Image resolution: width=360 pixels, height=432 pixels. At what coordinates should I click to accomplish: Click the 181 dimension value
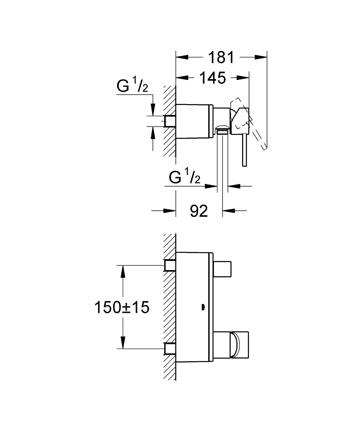tap(221, 57)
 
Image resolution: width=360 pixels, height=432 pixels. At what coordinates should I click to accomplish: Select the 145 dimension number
tap(212, 78)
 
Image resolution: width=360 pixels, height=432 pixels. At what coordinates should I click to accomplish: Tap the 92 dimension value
tap(199, 211)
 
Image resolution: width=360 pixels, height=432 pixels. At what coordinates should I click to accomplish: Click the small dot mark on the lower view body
tap(202, 308)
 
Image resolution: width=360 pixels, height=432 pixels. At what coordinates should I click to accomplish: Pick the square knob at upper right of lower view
tap(223, 270)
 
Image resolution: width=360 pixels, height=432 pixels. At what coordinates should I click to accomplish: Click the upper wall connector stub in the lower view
tap(170, 265)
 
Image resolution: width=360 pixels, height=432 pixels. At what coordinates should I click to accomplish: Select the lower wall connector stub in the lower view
tap(170, 348)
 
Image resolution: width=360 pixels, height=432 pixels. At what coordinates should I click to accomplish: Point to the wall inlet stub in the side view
tap(170, 121)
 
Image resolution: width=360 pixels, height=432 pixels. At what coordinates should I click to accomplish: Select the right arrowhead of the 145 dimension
tap(245, 78)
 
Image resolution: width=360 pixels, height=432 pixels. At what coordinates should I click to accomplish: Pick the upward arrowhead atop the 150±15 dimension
tap(123, 270)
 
